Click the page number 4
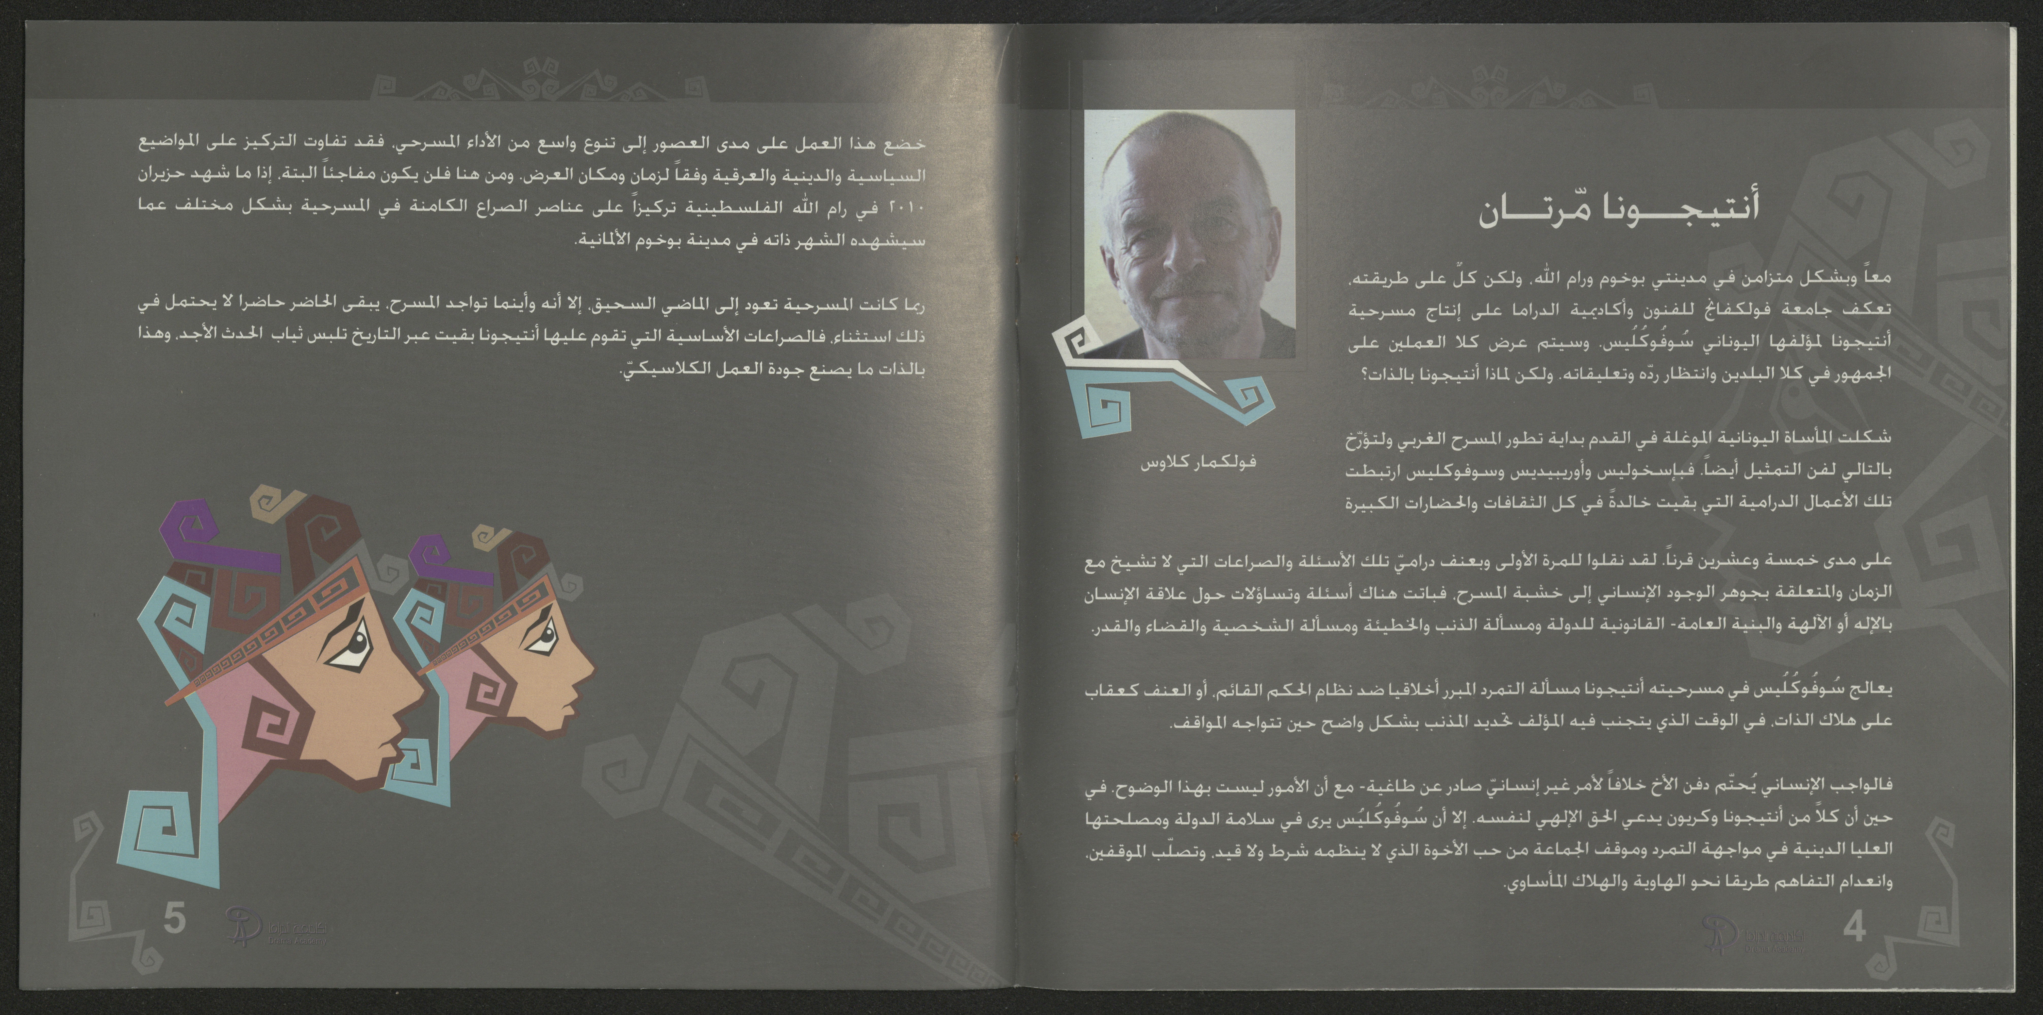pos(1854,928)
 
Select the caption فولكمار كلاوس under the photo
pos(1198,462)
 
